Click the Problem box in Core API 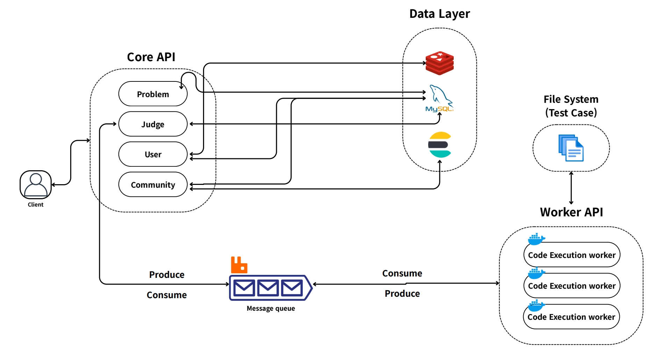pos(153,94)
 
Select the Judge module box pos(153,124)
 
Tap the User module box pos(153,154)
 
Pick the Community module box pos(153,185)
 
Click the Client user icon pos(36,185)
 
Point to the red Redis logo pos(440,63)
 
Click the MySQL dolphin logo pos(439,98)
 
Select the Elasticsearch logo pos(440,145)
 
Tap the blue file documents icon pos(571,148)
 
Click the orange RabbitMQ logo pos(239,265)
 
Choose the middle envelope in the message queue pos(268,288)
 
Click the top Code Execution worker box pos(572,255)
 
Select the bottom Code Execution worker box pos(571,317)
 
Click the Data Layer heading pos(440,14)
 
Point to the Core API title pos(151,57)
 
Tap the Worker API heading pos(571,212)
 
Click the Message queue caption pos(271,308)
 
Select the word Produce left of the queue pos(167,275)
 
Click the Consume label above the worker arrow pos(402,273)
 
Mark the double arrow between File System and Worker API pos(571,188)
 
